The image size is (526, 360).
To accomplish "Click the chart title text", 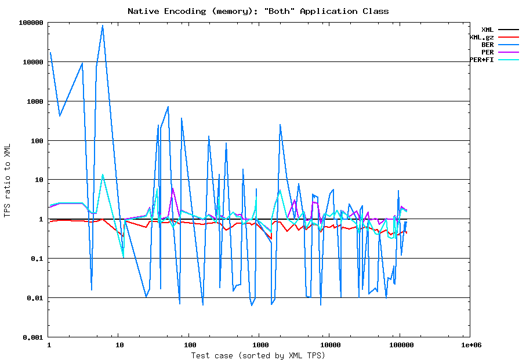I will pyautogui.click(x=258, y=11).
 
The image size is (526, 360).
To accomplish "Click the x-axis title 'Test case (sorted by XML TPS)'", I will pyautogui.click(x=258, y=355).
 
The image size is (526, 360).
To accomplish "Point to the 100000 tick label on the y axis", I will pyautogui.click(x=31, y=23).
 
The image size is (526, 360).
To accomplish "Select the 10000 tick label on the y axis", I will pyautogui.click(x=33, y=62).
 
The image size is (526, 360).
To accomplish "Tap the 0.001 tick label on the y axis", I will pyautogui.click(x=33, y=337).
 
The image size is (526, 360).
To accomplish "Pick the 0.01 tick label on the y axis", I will pyautogui.click(x=35, y=298).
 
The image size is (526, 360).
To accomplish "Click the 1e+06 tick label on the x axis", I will pyautogui.click(x=470, y=345).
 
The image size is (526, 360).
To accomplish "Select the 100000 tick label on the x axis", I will pyautogui.click(x=400, y=345).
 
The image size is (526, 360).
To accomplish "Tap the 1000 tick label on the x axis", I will pyautogui.click(x=259, y=345).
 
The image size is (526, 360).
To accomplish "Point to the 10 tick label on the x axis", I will pyautogui.click(x=119, y=345).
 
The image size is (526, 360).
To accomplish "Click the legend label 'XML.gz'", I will pyautogui.click(x=482, y=37).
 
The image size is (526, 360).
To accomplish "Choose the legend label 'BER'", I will pyautogui.click(x=487, y=45).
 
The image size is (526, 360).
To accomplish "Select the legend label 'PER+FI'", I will pyautogui.click(x=482, y=60).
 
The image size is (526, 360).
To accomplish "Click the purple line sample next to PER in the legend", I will pyautogui.click(x=508, y=52).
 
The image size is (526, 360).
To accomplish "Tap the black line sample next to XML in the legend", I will pyautogui.click(x=508, y=30).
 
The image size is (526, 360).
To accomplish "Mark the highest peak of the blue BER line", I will pyautogui.click(x=103, y=26).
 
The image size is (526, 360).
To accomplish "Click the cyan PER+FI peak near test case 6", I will pyautogui.click(x=103, y=174).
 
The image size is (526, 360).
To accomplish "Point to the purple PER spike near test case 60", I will pyautogui.click(x=173, y=188).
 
